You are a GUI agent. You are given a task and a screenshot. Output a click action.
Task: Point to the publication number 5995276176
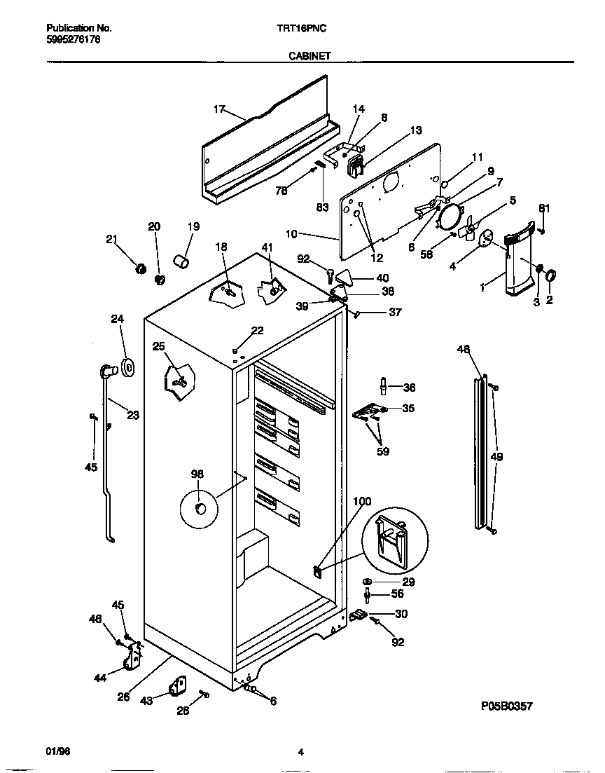pos(73,40)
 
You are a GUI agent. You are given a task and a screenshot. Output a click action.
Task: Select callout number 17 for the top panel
pos(219,109)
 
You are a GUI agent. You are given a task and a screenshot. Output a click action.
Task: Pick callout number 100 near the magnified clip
pos(362,501)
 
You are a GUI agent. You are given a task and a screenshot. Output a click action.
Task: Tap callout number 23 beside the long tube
pos(132,415)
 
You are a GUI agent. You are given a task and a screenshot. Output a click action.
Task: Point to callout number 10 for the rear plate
pos(292,233)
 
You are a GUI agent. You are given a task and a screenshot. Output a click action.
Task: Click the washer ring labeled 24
pos(127,367)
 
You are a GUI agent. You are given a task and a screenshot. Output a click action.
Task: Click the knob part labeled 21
pos(139,268)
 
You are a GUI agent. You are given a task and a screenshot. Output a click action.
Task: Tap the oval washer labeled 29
pos(368,582)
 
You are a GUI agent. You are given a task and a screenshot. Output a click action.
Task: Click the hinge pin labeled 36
pos(384,386)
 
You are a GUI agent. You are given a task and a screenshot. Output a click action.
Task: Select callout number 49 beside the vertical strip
pos(497,457)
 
